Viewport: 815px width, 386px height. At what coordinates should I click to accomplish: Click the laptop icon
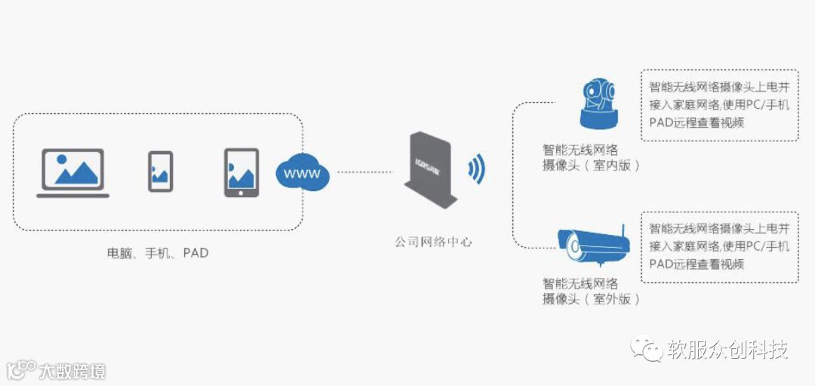(x=73, y=173)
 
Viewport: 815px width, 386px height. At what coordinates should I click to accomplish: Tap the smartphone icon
(x=160, y=171)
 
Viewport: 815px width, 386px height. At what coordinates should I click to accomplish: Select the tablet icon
(x=241, y=173)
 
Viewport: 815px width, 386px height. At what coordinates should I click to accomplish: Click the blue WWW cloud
(x=302, y=174)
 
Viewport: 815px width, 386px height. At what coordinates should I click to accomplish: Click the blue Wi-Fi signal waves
(x=476, y=170)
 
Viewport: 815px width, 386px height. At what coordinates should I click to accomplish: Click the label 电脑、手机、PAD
(x=157, y=253)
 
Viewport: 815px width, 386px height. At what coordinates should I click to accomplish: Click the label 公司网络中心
(x=433, y=242)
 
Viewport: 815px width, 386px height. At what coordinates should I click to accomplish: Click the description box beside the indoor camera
(x=719, y=104)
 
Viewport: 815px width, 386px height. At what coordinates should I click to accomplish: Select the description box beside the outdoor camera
(x=719, y=246)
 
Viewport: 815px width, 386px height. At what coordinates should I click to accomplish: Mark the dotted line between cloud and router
(x=365, y=173)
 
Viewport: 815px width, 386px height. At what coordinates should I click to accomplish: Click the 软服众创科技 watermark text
(x=727, y=350)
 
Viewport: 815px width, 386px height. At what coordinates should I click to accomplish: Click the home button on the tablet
(x=241, y=192)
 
